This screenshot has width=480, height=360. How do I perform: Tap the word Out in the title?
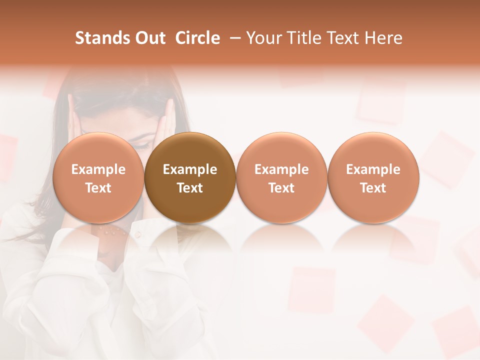[149, 38]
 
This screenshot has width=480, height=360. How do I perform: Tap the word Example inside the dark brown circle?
[190, 169]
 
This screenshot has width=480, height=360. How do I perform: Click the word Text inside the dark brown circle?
[190, 188]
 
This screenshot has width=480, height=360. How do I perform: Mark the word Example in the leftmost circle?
[98, 169]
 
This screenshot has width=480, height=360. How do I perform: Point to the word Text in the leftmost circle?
[98, 188]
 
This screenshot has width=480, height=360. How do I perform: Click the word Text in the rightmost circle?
[373, 188]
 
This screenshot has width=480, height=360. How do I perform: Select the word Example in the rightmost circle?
[373, 169]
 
